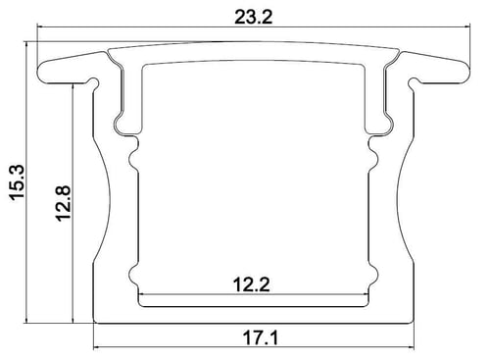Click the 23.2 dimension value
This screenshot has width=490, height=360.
[x=253, y=17]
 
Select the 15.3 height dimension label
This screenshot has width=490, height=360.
[x=17, y=182]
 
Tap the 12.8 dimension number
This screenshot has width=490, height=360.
[x=63, y=204]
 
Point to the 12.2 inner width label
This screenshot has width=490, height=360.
[x=251, y=284]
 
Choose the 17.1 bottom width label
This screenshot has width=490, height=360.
[x=261, y=338]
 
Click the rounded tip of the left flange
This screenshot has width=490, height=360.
[x=39, y=72]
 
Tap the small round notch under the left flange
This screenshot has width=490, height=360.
[x=94, y=81]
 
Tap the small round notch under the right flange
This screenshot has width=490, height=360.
[x=414, y=81]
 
